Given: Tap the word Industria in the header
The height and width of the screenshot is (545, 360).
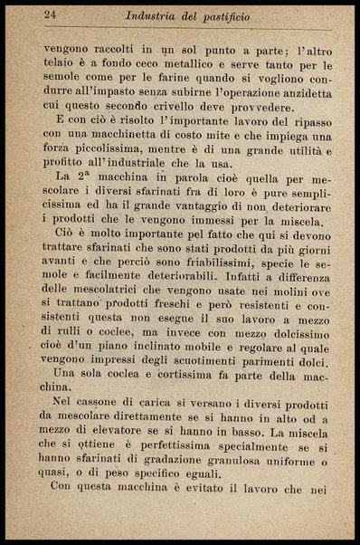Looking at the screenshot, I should pos(155,14).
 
